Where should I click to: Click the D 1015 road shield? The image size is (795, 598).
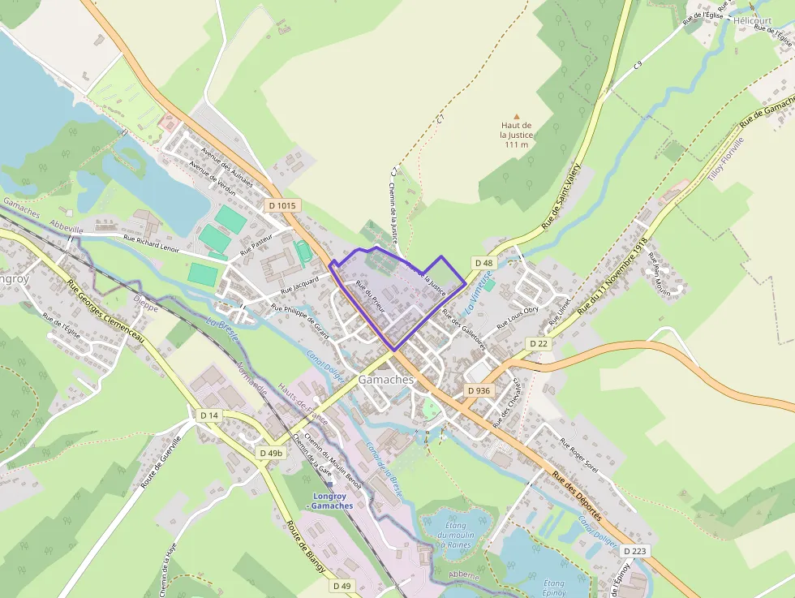point(282,205)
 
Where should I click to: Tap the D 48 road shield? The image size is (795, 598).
point(483,262)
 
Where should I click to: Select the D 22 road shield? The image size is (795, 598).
point(539,343)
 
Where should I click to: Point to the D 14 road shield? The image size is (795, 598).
point(209,415)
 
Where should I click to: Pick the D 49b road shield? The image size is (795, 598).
point(272,452)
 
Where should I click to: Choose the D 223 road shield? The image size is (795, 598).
point(637,551)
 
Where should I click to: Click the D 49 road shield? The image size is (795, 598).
point(342,586)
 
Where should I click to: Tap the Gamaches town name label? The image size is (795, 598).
point(386,380)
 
